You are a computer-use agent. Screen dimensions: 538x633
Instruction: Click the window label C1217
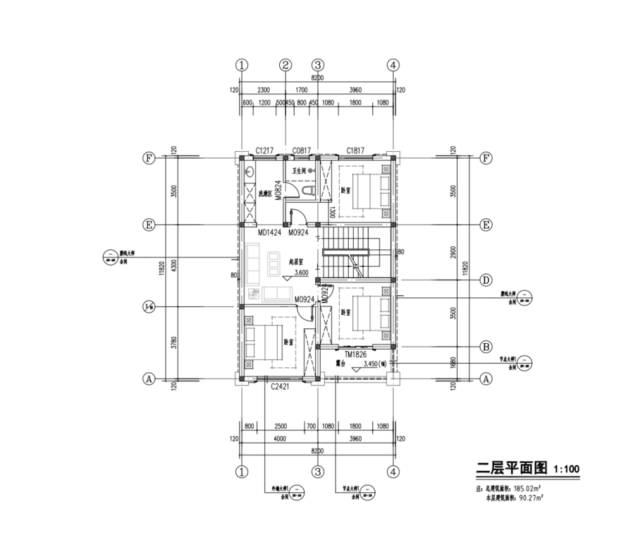pos(265,150)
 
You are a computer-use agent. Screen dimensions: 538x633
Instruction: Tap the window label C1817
pos(355,150)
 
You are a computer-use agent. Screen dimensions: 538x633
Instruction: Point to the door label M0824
pos(278,191)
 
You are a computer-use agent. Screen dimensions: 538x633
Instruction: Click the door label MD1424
pos(269,232)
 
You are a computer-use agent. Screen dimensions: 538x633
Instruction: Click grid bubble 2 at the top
pos(285,65)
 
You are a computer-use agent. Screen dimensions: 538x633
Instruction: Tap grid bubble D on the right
pos(486,280)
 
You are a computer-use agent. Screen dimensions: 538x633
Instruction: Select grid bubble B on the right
pos(486,347)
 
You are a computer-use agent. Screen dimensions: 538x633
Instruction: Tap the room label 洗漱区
pos(265,193)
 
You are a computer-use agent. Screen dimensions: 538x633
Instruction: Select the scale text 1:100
pos(567,469)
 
